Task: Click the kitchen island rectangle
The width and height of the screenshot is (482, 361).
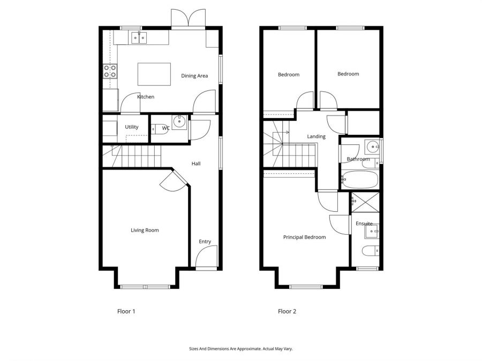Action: click(154, 74)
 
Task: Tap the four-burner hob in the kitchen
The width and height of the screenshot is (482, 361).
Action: click(110, 71)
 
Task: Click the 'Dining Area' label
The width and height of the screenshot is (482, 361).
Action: click(194, 76)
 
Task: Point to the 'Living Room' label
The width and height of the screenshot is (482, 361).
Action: click(145, 231)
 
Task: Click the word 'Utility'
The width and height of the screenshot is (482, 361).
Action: click(132, 127)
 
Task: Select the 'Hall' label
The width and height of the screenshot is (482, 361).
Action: click(196, 164)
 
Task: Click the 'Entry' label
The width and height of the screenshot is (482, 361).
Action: click(205, 242)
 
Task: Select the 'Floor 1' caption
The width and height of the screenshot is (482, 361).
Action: click(126, 311)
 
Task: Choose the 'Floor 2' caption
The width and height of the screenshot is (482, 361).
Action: click(287, 311)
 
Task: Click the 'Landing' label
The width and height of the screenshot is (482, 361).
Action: click(316, 136)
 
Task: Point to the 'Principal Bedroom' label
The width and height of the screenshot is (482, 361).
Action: click(304, 237)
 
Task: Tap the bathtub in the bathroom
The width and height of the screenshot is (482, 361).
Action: click(360, 180)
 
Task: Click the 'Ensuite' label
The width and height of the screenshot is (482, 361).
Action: click(364, 224)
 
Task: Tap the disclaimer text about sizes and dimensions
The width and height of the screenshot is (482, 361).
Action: click(241, 349)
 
